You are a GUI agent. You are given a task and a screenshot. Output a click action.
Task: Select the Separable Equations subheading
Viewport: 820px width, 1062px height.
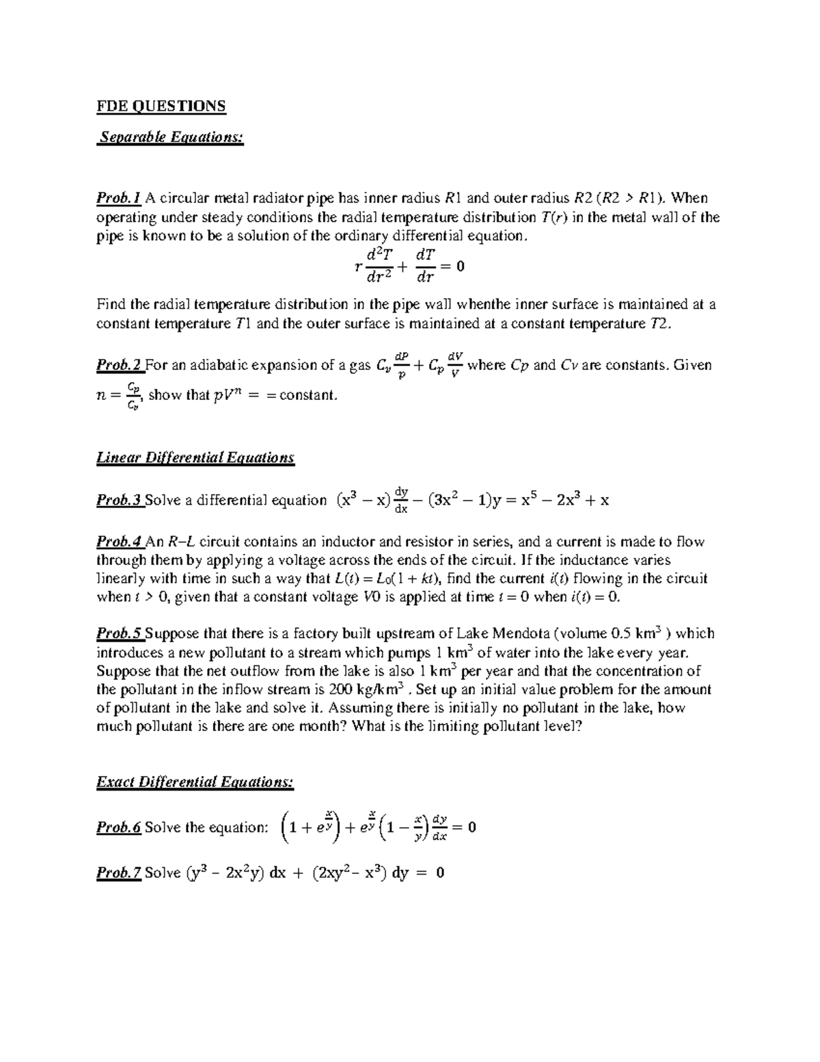[x=171, y=137]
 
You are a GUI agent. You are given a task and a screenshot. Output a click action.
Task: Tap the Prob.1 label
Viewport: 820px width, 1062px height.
[x=118, y=198]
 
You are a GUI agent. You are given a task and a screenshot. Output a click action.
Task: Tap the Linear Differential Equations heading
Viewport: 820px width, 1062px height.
[x=195, y=457]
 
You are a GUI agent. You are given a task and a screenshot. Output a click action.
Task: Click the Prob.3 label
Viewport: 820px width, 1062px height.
[x=120, y=501]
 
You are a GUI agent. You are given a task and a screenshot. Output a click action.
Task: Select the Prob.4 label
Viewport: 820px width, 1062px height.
[x=120, y=542]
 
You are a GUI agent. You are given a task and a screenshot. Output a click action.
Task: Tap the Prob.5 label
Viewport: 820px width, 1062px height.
[x=120, y=634]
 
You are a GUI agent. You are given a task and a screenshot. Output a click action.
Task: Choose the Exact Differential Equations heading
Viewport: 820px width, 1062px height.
[x=195, y=782]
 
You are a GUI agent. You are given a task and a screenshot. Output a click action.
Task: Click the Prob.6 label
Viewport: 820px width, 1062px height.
[x=119, y=828]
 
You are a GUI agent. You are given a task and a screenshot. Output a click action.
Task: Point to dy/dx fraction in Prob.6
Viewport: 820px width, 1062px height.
[x=439, y=827]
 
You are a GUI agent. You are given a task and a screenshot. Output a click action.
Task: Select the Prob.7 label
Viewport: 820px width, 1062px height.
[x=119, y=873]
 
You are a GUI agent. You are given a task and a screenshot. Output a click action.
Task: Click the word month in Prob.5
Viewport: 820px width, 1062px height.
[x=318, y=726]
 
